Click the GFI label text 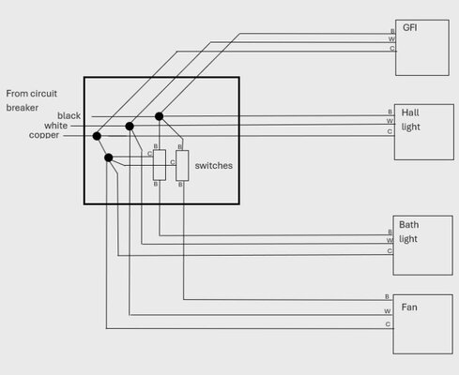click(410, 27)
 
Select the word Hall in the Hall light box click(410, 111)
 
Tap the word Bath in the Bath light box click(409, 225)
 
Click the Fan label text click(409, 307)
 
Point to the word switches click(213, 165)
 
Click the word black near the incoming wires click(69, 115)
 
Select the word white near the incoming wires click(55, 126)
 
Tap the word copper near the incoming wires click(44, 135)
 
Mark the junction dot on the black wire click(160, 116)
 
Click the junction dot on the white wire click(130, 126)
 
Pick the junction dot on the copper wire click(97, 136)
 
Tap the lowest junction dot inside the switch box click(109, 157)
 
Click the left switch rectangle click(160, 165)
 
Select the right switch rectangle click(182, 165)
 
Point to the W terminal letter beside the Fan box click(388, 310)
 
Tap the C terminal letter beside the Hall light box click(390, 132)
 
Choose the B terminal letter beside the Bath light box click(389, 231)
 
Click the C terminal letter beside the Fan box click(388, 324)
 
